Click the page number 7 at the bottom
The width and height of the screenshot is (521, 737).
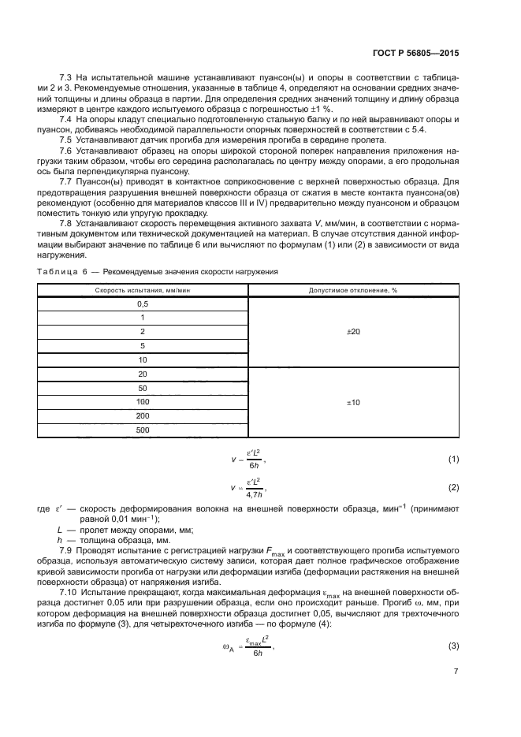click(x=456, y=672)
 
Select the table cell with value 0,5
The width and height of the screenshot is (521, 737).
click(x=143, y=303)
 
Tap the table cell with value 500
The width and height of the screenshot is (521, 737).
click(x=143, y=430)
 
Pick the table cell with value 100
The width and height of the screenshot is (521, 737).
click(x=143, y=402)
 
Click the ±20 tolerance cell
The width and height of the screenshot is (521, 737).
click(x=353, y=332)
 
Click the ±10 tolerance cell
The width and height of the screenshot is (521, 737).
click(x=353, y=402)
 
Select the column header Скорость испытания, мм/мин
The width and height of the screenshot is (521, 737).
click(x=143, y=289)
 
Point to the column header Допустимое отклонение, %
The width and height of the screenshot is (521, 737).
click(x=353, y=289)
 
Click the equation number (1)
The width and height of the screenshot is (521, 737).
click(x=453, y=458)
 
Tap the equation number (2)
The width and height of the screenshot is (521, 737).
click(x=453, y=487)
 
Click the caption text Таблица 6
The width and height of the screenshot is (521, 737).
click(x=64, y=272)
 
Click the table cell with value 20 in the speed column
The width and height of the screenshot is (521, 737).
click(x=143, y=374)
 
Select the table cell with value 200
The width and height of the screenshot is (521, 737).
click(x=143, y=415)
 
